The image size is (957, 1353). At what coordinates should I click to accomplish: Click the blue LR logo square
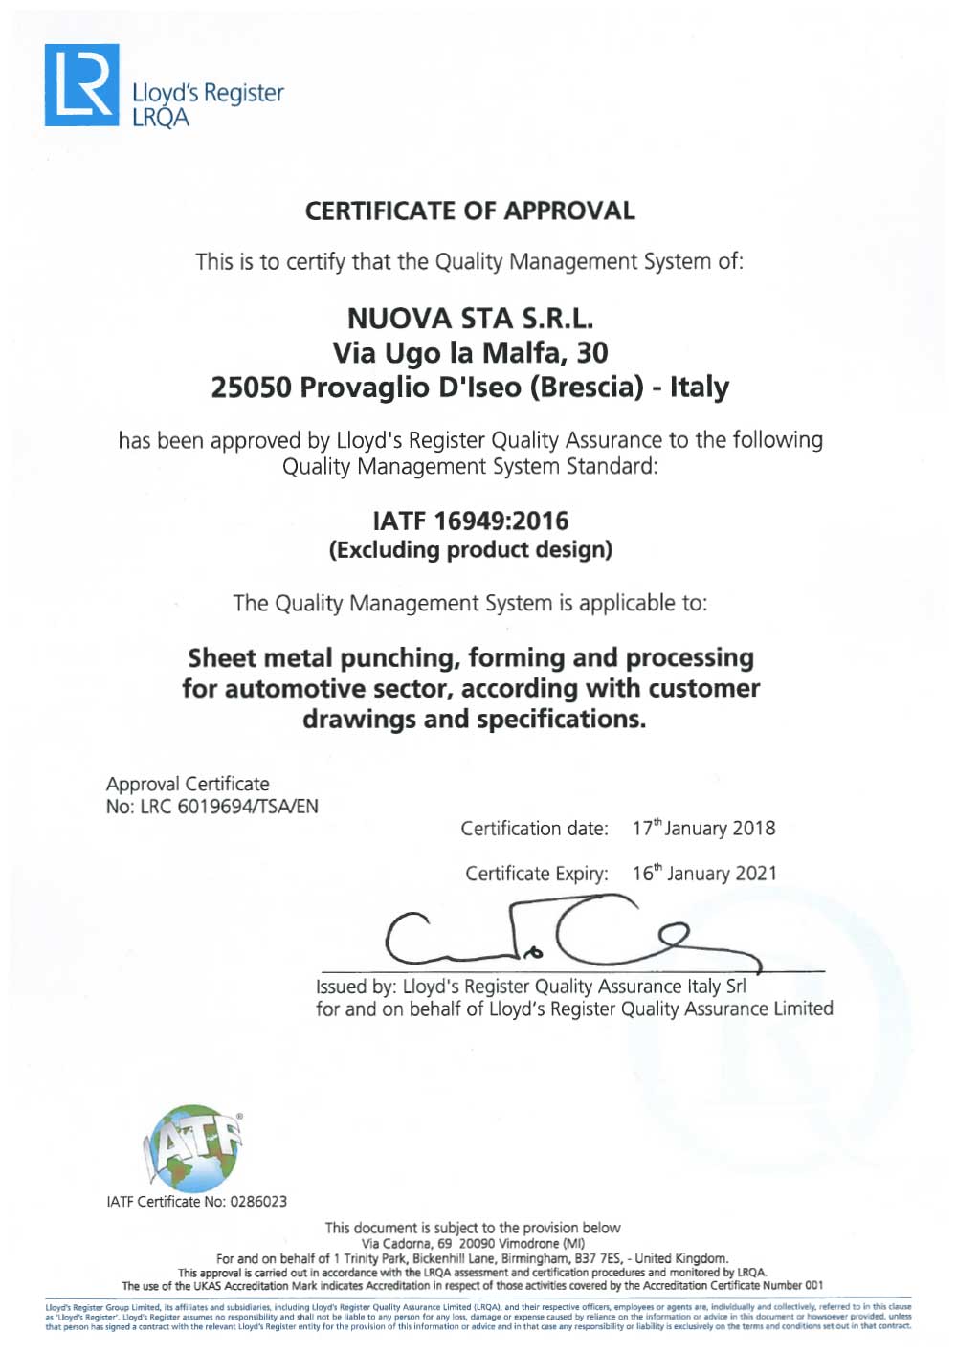[x=82, y=84]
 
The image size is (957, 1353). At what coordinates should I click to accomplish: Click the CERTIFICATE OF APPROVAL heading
[x=470, y=211]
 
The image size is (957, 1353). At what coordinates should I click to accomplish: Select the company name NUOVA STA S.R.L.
[x=470, y=318]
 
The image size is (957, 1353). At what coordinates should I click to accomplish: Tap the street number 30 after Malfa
[x=591, y=353]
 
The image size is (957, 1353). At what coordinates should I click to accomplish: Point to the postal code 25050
[x=251, y=388]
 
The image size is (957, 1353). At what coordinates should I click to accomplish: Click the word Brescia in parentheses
[x=586, y=388]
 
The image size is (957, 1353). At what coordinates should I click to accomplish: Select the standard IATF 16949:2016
[x=470, y=521]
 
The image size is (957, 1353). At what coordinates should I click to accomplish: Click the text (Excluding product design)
[x=470, y=550]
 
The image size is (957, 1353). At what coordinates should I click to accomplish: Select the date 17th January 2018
[x=703, y=829]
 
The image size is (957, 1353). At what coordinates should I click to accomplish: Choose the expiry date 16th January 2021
[x=704, y=874]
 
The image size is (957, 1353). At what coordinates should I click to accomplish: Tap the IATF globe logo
[x=191, y=1148]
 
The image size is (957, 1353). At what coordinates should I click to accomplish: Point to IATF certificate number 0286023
[x=257, y=1202]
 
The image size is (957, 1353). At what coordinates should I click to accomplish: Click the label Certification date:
[x=534, y=829]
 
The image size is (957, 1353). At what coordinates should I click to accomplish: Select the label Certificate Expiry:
[x=536, y=874]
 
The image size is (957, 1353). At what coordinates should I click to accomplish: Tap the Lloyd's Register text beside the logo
[x=208, y=93]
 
